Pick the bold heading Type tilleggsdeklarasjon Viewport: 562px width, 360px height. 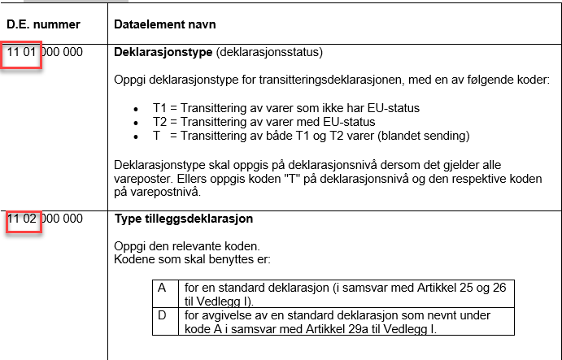click(184, 219)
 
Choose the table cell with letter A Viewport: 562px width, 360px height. click(162, 288)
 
